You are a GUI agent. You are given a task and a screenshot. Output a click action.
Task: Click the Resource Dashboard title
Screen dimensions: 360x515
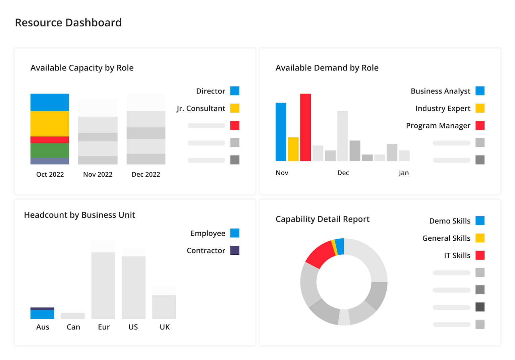tap(68, 22)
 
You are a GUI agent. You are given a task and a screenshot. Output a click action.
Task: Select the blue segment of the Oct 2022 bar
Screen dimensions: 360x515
tap(50, 102)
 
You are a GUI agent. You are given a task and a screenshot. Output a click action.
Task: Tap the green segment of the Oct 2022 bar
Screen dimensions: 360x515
tap(50, 150)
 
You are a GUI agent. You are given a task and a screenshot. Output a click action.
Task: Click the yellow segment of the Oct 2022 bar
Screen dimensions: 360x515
tap(50, 123)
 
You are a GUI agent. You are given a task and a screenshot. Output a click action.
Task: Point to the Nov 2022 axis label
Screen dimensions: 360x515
tap(98, 174)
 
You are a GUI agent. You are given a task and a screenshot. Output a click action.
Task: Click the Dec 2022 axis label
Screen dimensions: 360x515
tap(146, 174)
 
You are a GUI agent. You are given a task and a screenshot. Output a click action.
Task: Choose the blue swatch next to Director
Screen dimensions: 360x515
tap(235, 91)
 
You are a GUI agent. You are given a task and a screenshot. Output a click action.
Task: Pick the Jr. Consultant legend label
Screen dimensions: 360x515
tap(201, 108)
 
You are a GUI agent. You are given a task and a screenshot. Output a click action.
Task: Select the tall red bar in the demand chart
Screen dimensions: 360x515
tap(305, 127)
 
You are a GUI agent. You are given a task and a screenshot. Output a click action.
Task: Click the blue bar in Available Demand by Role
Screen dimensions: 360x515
tap(281, 132)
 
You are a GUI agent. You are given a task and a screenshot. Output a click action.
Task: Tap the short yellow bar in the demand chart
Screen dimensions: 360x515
tap(293, 149)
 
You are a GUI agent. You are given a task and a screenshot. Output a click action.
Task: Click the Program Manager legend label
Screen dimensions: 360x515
tap(438, 126)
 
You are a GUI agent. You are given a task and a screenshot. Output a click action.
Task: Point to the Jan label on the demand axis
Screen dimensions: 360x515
tap(403, 173)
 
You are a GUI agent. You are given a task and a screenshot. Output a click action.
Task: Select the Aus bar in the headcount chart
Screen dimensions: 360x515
tap(42, 313)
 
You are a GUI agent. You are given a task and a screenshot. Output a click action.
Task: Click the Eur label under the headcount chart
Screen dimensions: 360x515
tap(104, 327)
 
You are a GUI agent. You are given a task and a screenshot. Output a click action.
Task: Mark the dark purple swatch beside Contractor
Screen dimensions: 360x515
tap(235, 250)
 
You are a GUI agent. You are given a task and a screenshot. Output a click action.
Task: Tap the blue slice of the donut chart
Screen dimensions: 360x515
tap(340, 247)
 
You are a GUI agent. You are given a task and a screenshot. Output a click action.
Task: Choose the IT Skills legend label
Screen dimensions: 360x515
tap(457, 255)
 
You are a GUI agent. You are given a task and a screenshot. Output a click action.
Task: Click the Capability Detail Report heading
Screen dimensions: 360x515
tap(322, 219)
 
